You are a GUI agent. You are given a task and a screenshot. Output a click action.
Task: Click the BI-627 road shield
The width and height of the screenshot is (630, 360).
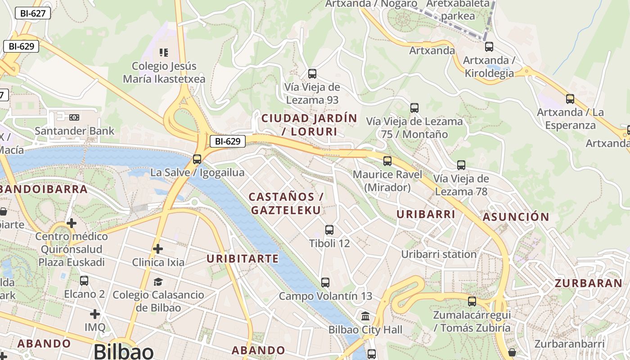coord(33,13)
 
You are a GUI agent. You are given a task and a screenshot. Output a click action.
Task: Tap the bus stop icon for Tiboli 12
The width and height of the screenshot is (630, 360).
coord(329,230)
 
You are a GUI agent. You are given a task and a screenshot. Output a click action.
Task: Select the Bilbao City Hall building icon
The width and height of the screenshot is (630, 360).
coord(365,316)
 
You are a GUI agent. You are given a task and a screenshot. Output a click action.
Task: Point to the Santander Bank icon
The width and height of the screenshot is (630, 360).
coord(74,117)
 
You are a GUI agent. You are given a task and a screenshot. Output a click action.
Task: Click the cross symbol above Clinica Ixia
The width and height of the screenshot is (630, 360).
coord(158,248)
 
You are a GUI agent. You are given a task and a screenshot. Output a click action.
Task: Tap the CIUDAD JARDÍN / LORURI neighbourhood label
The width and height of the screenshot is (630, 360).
coord(309,125)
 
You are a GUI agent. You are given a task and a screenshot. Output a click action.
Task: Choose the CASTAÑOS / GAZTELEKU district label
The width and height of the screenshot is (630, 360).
coord(286,203)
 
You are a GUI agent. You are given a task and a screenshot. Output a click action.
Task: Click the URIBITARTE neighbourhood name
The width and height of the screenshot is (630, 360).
coord(243,259)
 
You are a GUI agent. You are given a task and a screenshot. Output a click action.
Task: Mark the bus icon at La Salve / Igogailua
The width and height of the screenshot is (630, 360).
coord(197,159)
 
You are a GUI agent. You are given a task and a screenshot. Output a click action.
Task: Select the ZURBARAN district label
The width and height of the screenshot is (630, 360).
coord(588,283)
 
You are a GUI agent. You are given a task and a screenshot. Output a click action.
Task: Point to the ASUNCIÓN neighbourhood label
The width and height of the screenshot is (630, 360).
coord(516,217)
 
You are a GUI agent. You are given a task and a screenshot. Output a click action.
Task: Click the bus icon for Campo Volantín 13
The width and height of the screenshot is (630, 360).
coord(325,283)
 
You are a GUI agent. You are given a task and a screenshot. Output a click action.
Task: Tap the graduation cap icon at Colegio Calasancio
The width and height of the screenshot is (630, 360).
coord(158,282)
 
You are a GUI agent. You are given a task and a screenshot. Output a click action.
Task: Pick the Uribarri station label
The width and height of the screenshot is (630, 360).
coord(439,254)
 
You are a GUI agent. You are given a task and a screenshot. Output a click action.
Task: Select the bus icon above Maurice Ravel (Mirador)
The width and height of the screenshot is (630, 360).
coord(387,161)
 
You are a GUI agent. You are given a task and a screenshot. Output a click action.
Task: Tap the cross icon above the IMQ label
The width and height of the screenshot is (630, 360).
coord(95,314)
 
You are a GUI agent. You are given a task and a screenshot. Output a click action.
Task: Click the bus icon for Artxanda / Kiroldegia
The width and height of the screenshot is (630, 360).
coord(489,46)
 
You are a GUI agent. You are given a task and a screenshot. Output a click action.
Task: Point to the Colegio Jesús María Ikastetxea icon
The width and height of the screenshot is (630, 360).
coord(164,53)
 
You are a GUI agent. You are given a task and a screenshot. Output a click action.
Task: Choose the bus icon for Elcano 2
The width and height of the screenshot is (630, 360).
coord(84,281)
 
